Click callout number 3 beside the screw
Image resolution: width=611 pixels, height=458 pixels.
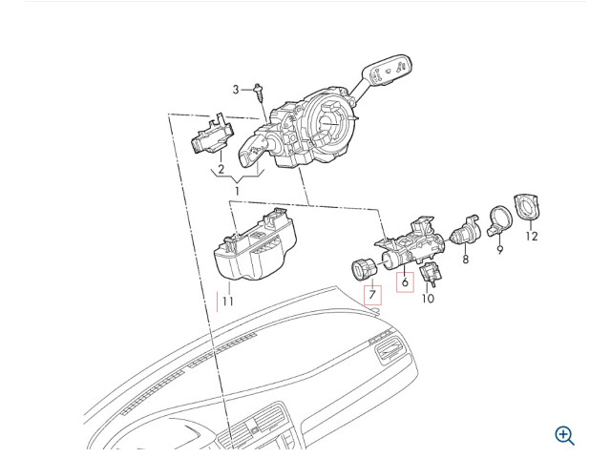coord(236,90)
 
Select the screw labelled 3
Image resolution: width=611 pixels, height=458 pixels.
coord(258,91)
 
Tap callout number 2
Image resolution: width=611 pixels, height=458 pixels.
coord(221,170)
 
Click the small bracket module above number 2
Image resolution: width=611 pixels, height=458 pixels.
coord(212,135)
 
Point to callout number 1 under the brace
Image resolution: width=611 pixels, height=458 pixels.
coord(237,191)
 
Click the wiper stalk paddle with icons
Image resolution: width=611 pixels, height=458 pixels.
coord(386,70)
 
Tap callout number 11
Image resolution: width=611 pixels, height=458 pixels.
coord(227,302)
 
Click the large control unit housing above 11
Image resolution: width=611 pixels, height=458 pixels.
coord(255,244)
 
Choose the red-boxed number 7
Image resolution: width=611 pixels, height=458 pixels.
coord(372,295)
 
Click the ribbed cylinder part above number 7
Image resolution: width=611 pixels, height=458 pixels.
coord(363,269)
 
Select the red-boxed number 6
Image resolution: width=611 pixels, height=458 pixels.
coord(405,282)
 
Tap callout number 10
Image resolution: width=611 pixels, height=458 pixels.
coord(428,299)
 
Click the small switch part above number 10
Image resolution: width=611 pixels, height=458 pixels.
coord(431,273)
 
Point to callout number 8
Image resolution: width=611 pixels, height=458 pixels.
coord(465,259)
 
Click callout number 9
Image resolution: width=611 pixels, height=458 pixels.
coord(500,250)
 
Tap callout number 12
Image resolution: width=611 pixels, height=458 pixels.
coord(532,236)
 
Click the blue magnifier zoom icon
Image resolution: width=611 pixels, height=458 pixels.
coord(564,435)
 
